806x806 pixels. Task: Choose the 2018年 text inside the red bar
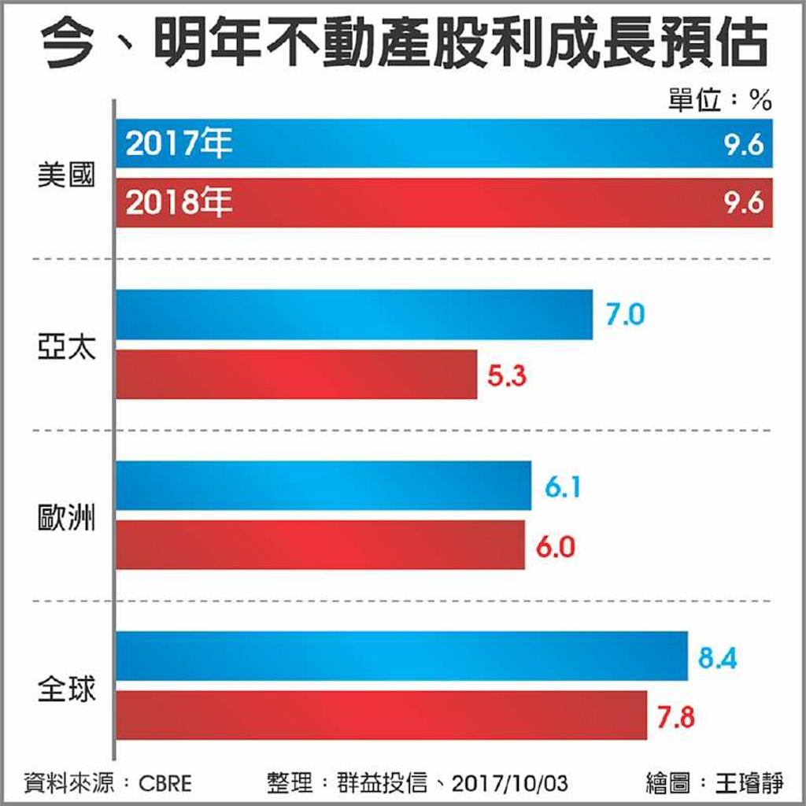179,204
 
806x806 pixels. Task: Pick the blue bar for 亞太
354,315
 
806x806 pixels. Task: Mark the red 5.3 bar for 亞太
297,375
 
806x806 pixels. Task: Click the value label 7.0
625,316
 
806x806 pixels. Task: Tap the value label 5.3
507,376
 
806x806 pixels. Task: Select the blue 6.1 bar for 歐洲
324,486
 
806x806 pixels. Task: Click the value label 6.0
555,546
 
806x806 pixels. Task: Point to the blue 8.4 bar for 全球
401,656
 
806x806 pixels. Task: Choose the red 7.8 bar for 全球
382,715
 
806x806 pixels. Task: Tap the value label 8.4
717,657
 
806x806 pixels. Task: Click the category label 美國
66,175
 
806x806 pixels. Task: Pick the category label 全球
66,690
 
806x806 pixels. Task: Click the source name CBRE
165,784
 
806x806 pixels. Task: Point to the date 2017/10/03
511,784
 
